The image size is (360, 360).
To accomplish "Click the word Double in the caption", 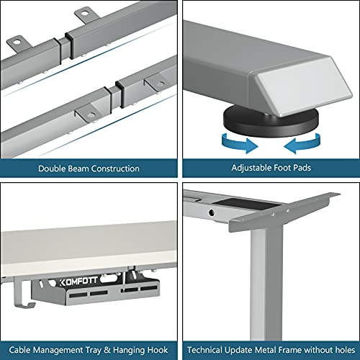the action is pos(52,168).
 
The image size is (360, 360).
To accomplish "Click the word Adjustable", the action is pos(251,168).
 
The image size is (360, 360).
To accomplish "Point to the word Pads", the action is pos(302,168).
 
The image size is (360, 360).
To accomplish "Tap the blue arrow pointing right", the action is pos(240,143).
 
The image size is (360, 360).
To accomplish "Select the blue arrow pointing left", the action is pos(302,143).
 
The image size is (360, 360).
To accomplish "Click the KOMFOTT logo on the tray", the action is pos(78,282).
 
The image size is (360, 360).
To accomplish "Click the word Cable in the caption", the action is pos(19,350).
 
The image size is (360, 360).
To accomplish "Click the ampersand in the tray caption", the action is pos(107,350).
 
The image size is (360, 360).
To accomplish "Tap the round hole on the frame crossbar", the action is pos(212,212).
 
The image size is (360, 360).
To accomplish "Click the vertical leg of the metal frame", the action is pos(266,282).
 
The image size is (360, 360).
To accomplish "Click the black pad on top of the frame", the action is pos(247,204).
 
